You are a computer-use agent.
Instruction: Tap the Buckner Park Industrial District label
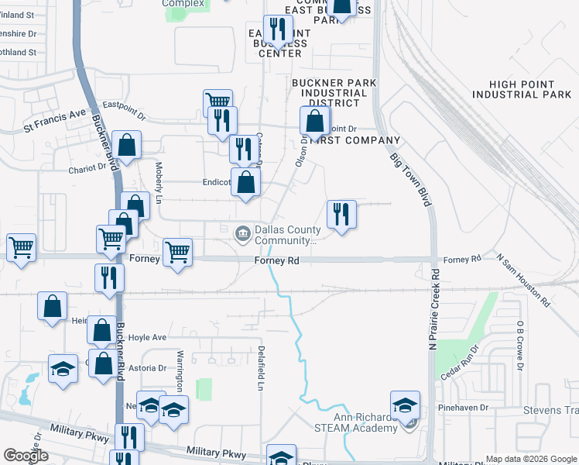click(x=334, y=92)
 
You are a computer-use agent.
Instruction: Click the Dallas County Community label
click(x=287, y=235)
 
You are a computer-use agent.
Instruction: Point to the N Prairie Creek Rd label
click(x=436, y=302)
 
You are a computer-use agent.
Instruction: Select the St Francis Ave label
click(x=54, y=114)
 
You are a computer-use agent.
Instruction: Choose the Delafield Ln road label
click(x=262, y=368)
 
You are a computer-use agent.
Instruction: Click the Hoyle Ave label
click(x=147, y=338)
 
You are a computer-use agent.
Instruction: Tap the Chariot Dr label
click(x=87, y=167)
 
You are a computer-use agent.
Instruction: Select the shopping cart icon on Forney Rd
click(x=178, y=252)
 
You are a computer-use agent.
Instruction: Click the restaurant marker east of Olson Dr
click(x=341, y=213)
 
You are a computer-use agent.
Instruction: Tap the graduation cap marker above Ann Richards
click(x=405, y=404)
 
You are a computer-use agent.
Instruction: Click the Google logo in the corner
click(x=26, y=456)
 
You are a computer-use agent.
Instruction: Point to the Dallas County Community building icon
click(x=242, y=231)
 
